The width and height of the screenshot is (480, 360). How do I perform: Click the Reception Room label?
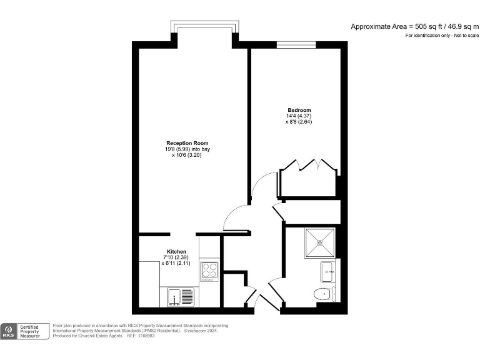187,143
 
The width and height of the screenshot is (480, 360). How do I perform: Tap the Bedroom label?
298,110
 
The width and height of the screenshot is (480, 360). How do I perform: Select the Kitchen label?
176,251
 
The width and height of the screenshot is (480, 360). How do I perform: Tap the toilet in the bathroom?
321,294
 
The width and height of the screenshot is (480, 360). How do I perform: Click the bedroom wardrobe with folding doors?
310,179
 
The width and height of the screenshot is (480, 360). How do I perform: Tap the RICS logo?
10,331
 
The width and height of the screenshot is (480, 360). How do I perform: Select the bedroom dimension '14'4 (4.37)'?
298,116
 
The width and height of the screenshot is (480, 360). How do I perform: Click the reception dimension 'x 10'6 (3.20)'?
187,155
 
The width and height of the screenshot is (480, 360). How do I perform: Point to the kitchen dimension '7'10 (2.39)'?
176,257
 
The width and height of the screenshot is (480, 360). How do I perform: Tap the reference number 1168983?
156,336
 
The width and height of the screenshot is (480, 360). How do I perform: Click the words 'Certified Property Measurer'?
35,331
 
